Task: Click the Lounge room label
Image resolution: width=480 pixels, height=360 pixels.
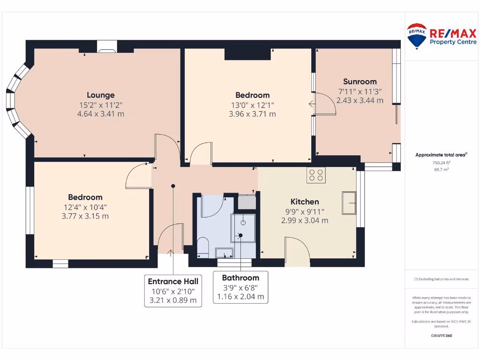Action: coord(100,95)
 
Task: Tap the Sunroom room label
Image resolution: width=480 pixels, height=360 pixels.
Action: coord(360,81)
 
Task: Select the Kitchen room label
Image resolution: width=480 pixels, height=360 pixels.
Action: coord(304,202)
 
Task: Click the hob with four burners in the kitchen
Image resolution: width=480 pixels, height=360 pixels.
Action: coord(316,175)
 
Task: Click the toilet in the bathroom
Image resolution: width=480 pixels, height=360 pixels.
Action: coord(203,247)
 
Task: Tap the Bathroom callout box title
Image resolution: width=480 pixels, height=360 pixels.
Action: coord(240,277)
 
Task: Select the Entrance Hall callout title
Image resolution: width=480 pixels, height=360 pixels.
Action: coord(173,281)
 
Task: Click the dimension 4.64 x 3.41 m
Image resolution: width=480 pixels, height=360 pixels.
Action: coord(100,114)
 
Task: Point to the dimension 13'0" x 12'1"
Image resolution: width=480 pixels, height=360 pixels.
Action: coord(252,105)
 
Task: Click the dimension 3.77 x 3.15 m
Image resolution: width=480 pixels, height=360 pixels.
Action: coord(85,216)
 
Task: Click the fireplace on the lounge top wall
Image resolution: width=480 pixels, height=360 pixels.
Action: coord(107,46)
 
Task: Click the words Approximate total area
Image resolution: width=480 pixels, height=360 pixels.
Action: coord(441,155)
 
